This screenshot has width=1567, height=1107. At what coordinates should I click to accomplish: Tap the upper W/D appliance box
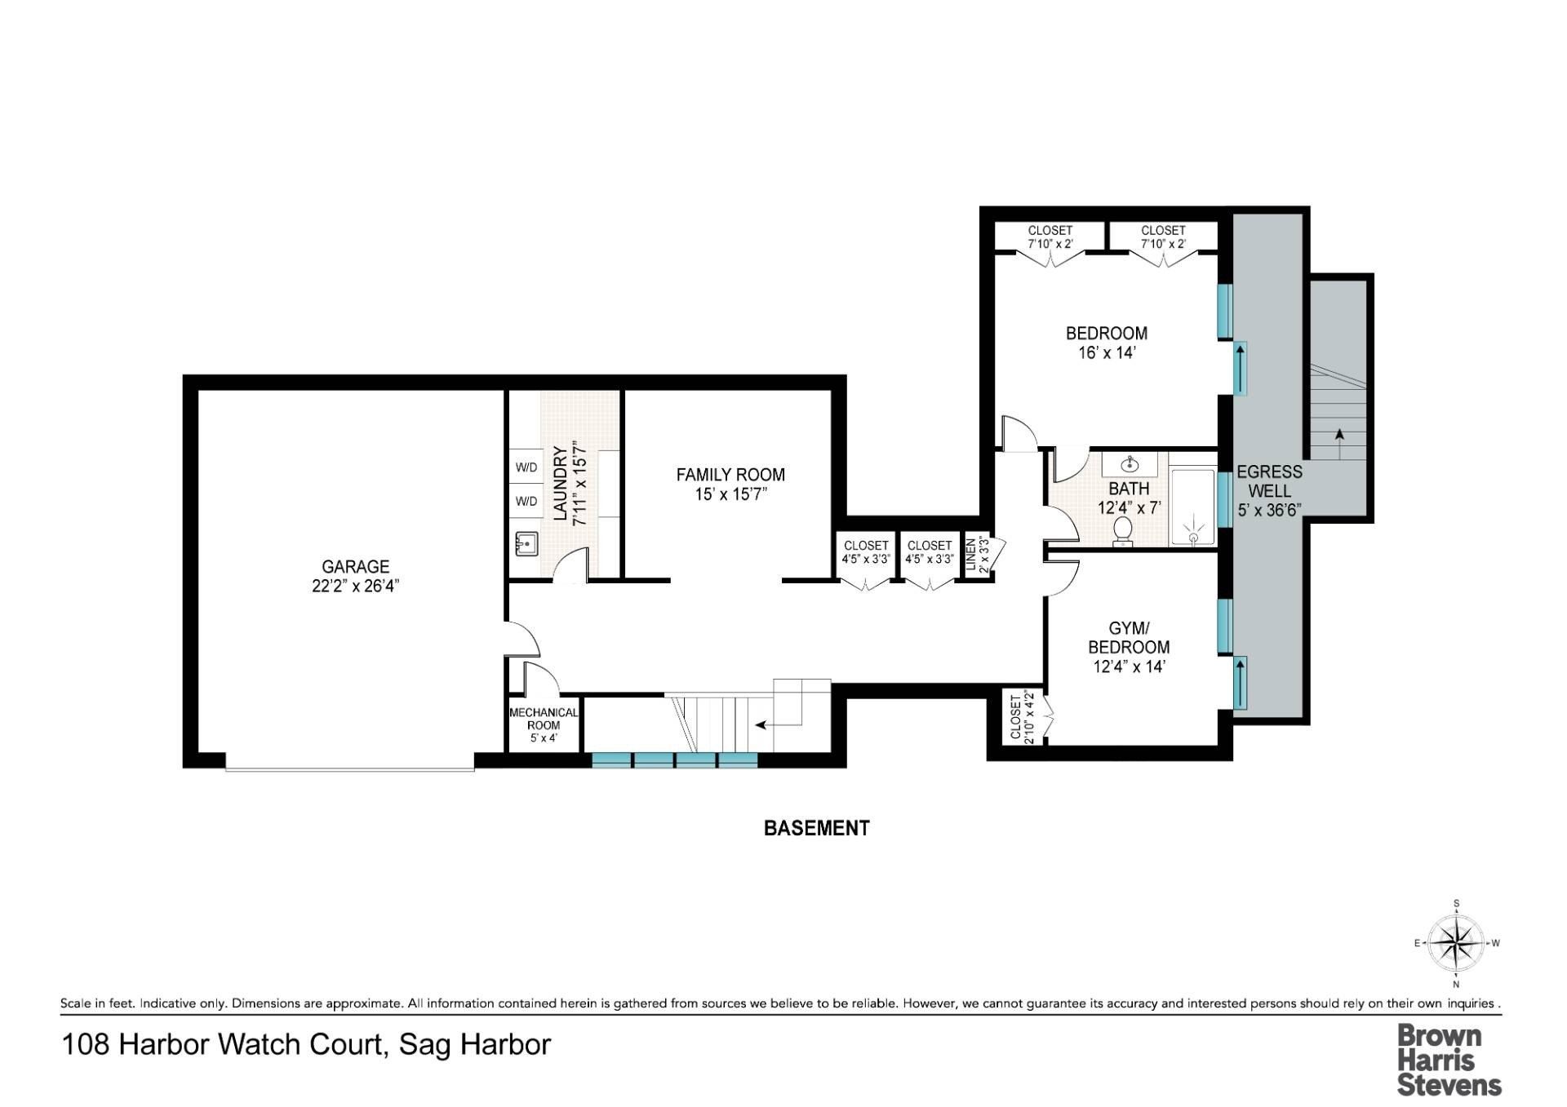526,467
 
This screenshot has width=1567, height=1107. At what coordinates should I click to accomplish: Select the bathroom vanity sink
1130,466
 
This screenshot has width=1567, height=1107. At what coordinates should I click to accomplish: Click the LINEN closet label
971,555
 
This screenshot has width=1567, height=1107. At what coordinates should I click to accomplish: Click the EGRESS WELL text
1269,481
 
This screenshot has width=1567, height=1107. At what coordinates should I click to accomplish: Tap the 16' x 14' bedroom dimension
1107,353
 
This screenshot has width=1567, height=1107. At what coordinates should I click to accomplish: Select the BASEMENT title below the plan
816,828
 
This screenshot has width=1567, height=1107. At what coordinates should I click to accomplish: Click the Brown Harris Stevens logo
1449,1060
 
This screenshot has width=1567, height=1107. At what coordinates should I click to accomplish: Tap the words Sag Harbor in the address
474,1045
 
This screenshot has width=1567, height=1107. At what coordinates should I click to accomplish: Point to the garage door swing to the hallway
523,639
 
